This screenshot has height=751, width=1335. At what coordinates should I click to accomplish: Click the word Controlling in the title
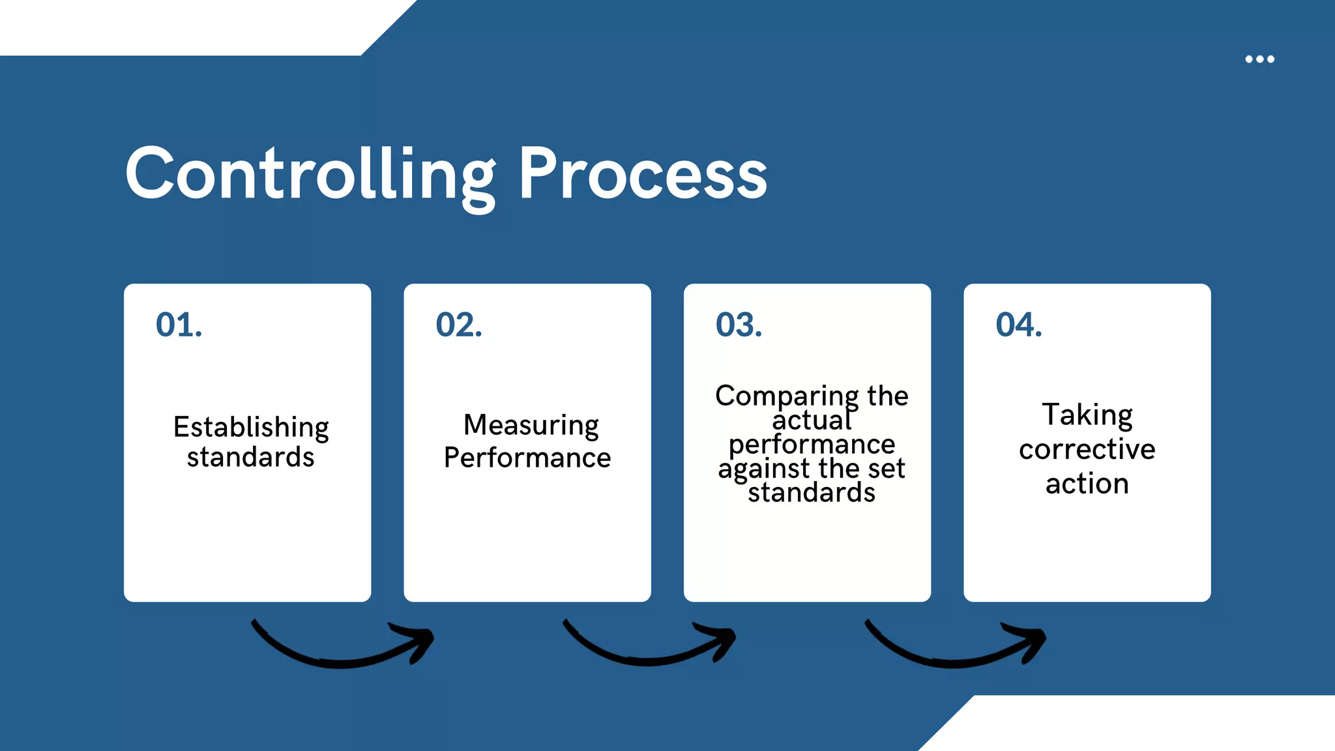[310, 175]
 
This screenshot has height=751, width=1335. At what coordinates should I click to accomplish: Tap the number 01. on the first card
[179, 325]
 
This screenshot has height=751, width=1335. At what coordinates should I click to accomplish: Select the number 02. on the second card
[459, 325]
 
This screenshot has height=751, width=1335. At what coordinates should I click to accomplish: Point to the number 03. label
[739, 325]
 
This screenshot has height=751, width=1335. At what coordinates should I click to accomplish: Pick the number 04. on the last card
[1019, 325]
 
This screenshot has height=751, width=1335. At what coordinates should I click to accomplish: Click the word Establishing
[251, 428]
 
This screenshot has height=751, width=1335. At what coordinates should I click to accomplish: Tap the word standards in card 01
[251, 457]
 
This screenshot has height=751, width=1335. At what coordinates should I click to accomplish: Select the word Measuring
[531, 426]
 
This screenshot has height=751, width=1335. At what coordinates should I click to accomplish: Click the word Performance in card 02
[527, 458]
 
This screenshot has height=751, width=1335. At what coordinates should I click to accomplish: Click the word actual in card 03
[812, 420]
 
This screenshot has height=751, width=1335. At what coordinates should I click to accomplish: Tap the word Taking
[1087, 415]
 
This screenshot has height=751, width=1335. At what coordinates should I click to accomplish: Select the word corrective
[1087, 449]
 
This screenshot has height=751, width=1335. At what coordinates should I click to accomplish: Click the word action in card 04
[1087, 484]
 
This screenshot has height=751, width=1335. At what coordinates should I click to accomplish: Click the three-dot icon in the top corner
[1259, 59]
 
